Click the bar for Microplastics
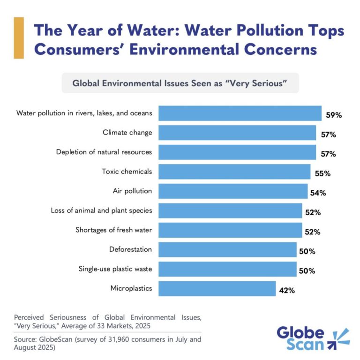[217, 288]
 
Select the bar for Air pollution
[233, 191]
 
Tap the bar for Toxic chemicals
[234, 172]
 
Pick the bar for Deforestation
[227, 249]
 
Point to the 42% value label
[287, 290]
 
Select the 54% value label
[317, 193]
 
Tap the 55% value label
[322, 173]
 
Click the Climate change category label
[127, 133]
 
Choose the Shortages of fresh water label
[114, 230]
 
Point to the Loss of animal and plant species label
[101, 210]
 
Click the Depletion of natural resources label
[104, 152]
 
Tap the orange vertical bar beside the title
[19, 37]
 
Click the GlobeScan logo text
[300, 338]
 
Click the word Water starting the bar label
[26, 113]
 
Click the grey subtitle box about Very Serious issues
[180, 83]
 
